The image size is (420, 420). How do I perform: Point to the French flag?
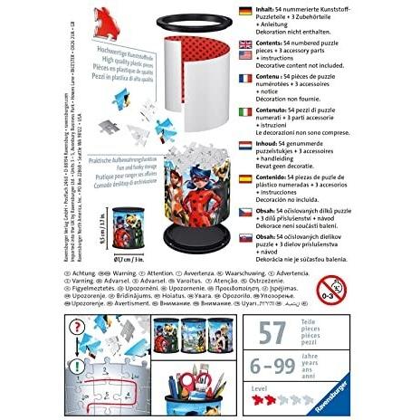coord(244,78)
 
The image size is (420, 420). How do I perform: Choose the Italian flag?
coord(244,111)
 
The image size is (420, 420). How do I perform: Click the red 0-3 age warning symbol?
coord(333,290)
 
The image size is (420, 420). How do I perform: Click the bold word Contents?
coord(274,41)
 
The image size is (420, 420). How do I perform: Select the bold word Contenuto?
coord(277,111)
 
